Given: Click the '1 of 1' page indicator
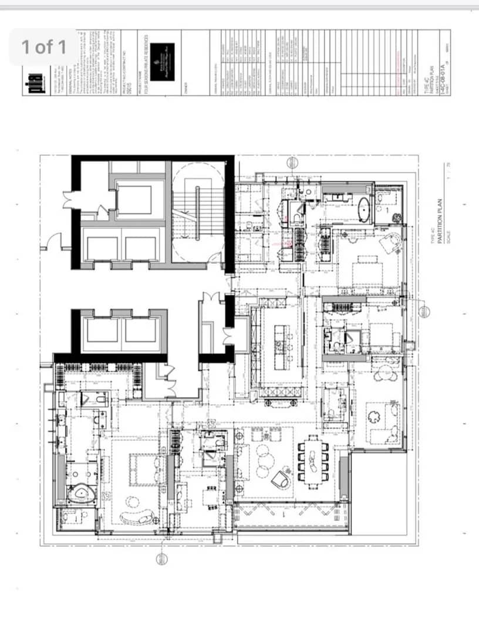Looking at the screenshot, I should [44, 47].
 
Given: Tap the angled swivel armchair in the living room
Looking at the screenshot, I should [282, 478].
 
